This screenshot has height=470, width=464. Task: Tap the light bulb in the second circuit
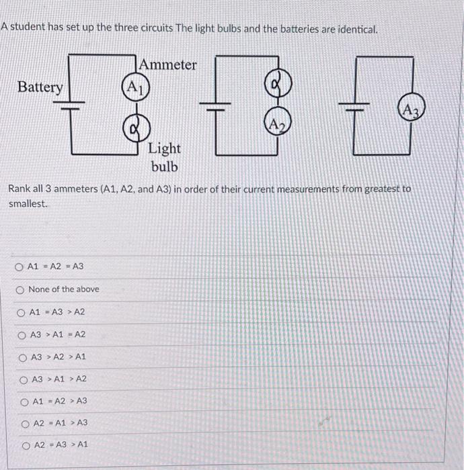click(278, 85)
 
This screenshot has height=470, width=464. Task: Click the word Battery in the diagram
click(40, 87)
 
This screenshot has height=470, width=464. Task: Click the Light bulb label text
click(164, 156)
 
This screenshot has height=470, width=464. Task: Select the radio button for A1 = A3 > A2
click(22, 312)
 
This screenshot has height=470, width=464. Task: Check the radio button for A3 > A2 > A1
click(23, 357)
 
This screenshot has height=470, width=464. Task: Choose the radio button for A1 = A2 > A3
click(24, 402)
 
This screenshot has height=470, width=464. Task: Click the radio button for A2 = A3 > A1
click(26, 444)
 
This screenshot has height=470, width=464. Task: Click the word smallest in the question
click(28, 203)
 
